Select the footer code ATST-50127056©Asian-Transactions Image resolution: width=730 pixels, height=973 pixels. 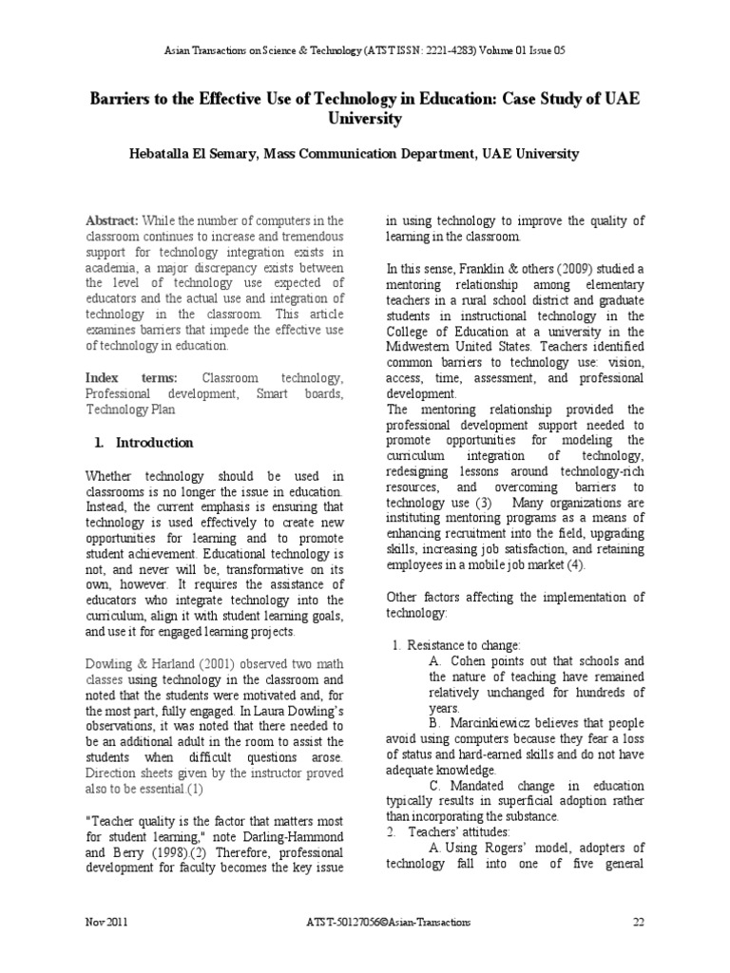(x=375, y=922)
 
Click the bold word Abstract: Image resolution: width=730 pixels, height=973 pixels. (x=112, y=219)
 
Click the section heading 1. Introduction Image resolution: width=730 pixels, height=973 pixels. (x=144, y=442)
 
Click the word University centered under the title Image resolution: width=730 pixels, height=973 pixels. (x=364, y=120)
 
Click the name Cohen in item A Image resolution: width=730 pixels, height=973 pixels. (x=471, y=661)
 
